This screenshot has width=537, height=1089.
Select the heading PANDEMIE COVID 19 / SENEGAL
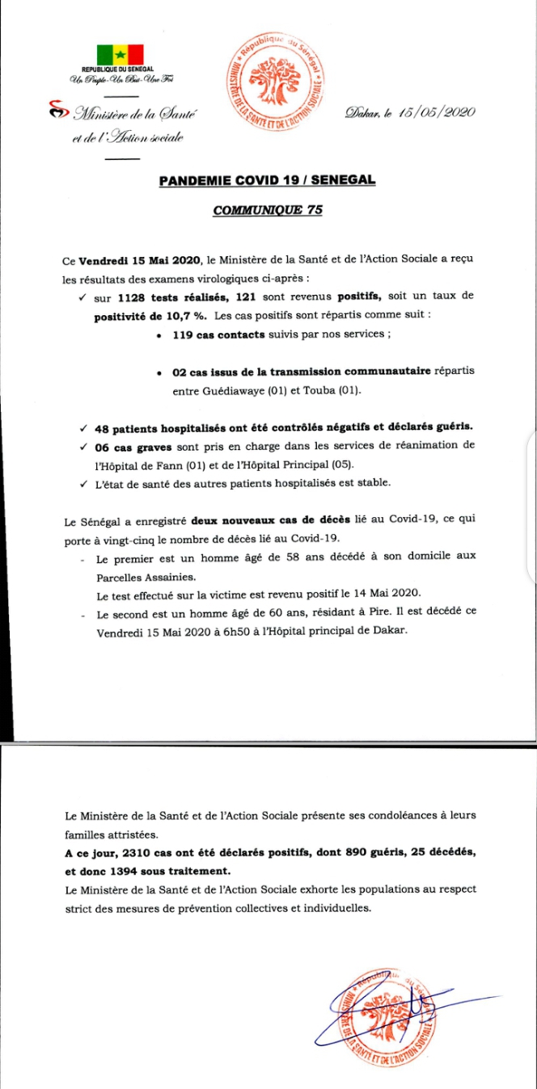point(267,179)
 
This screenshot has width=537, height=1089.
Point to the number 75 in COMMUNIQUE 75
point(313,209)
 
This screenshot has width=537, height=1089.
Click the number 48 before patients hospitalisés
point(104,426)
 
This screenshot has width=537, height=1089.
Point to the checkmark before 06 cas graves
point(84,445)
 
